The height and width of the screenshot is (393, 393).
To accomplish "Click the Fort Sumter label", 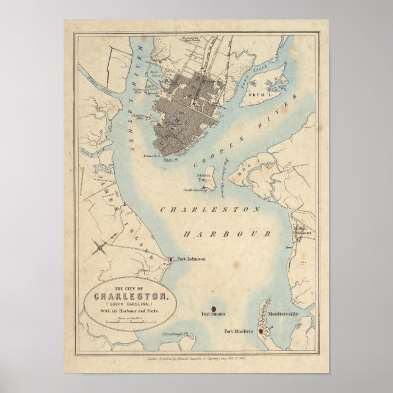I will pos(214,314).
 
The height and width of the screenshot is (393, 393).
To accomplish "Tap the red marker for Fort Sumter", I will pos(214,308).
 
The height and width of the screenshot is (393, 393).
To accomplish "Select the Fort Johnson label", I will pos(192,259).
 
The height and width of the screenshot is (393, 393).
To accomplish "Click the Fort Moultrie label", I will pos(237,331).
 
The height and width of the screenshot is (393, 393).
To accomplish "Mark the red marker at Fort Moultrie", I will pos(261,332).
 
